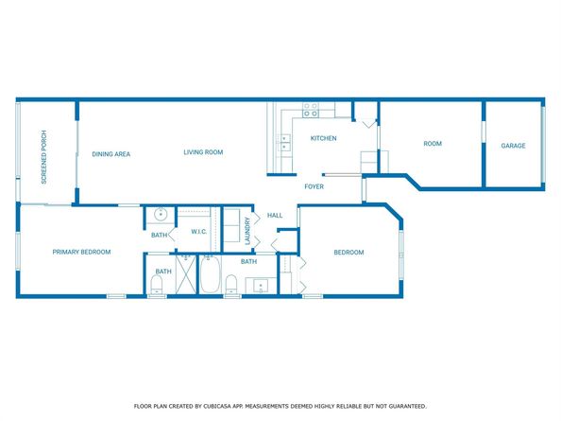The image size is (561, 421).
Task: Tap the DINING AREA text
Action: coord(110,153)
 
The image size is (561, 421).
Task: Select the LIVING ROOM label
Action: coord(202,151)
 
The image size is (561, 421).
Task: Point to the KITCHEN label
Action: coord(323,139)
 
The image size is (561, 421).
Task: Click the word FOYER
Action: coord(314,186)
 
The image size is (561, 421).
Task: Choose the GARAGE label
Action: coord(513,146)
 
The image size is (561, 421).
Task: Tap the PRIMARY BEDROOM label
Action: coord(82,252)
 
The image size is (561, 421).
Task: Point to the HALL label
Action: coord(275,215)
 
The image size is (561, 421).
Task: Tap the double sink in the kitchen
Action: coord(284,143)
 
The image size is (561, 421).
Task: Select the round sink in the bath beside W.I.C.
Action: coord(161,213)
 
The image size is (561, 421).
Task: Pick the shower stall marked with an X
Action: coord(186,278)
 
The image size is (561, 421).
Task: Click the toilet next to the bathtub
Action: coord(230,282)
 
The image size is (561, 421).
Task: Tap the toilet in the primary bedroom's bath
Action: coord(157,283)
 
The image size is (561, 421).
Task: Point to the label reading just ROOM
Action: coord(433,144)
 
